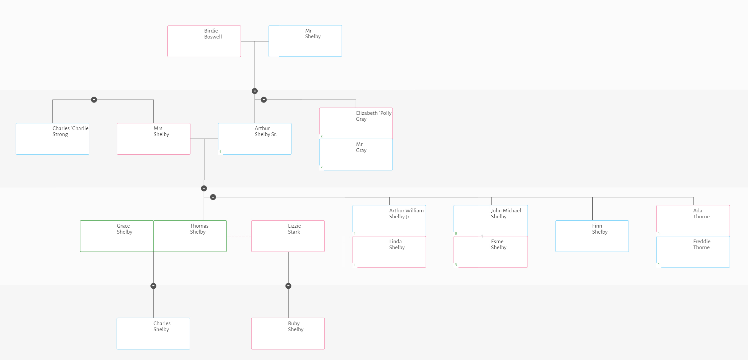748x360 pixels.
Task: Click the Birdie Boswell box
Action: tap(204, 41)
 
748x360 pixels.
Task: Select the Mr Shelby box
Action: tap(305, 41)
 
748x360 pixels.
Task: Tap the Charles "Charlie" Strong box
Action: tap(52, 139)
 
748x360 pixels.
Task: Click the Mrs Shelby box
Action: tap(153, 139)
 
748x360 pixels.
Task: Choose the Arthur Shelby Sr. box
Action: tap(255, 139)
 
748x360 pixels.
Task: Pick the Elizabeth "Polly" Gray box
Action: tap(356, 123)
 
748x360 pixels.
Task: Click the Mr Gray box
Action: tap(356, 154)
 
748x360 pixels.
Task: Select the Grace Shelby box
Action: tap(117, 236)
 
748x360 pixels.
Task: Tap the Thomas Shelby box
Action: tap(190, 236)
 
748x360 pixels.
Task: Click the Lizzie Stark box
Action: tap(288, 236)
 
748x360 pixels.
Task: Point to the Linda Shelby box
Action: tap(389, 252)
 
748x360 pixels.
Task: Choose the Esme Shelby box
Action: tap(490, 252)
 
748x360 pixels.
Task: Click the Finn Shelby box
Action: tap(592, 236)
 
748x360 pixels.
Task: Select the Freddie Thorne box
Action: tap(693, 252)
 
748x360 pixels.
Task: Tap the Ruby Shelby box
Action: tap(288, 333)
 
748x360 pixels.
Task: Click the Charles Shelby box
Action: tap(153, 333)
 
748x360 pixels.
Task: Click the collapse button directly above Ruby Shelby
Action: tap(288, 286)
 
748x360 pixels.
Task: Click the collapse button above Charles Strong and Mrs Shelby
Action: tap(94, 100)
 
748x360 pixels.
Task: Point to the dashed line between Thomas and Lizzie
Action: tap(239, 236)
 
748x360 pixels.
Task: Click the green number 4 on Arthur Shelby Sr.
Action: tap(220, 152)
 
